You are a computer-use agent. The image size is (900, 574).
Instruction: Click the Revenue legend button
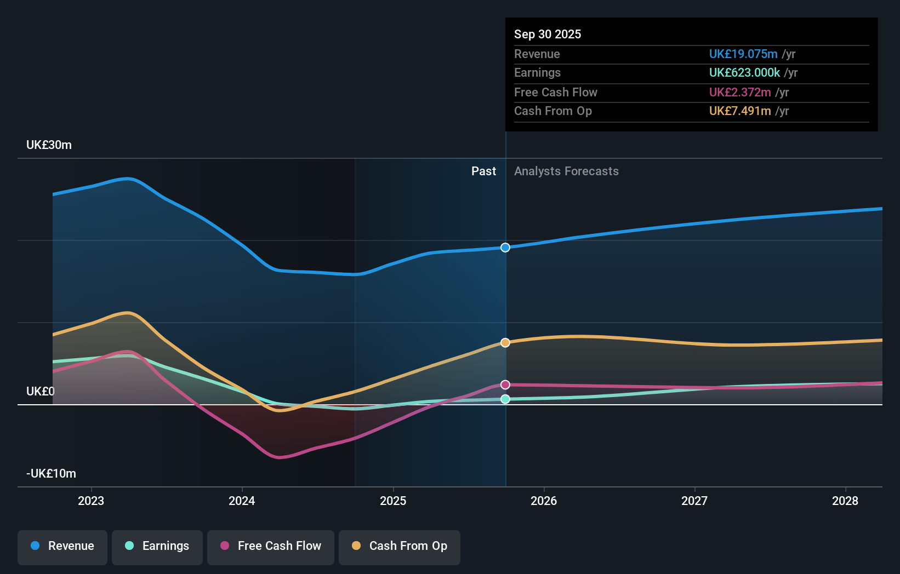(62, 547)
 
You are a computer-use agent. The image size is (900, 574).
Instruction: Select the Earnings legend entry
(157, 547)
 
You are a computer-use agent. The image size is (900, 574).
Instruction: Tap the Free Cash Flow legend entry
(271, 547)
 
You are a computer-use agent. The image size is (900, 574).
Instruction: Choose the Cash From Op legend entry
(400, 547)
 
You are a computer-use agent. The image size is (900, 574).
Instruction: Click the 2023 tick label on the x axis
(91, 501)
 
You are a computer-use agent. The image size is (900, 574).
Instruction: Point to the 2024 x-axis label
(242, 501)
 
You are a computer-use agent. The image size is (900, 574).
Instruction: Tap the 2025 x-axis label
(393, 501)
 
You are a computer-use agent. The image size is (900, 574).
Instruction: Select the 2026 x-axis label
(544, 501)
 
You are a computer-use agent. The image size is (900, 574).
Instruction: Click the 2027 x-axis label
(694, 501)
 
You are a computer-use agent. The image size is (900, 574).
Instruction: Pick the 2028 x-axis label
(845, 501)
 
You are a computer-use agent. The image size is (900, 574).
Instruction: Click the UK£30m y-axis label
(49, 145)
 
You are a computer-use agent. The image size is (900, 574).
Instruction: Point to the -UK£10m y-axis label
(51, 474)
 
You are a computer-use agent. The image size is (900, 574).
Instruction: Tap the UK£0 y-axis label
(41, 392)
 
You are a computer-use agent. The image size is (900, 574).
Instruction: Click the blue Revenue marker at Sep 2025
(505, 248)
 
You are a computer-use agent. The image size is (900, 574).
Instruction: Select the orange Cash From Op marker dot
(505, 342)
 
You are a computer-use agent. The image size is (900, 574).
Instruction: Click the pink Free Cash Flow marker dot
(505, 385)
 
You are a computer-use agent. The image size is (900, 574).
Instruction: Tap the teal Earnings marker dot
(505, 399)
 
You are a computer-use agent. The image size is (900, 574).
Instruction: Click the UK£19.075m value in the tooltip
(743, 54)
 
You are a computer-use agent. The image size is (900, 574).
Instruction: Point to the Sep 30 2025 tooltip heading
(548, 35)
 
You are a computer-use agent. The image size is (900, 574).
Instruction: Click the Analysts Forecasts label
(566, 171)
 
